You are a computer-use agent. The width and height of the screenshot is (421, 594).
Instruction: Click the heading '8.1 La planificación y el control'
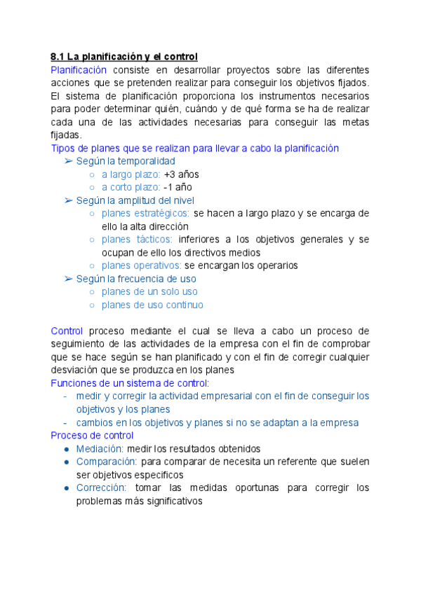pos(124,56)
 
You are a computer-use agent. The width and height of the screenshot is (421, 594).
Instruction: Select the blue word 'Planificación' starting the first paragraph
pos(79,69)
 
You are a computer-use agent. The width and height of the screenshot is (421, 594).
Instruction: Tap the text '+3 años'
pos(180,174)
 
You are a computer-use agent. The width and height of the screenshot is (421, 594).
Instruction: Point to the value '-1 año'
pos(178,187)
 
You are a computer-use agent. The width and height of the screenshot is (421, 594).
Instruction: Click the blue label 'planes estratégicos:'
pos(145,213)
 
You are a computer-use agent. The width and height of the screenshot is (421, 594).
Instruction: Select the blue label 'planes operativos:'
pos(141,265)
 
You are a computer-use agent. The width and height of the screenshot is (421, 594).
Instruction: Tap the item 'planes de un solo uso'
pos(149,291)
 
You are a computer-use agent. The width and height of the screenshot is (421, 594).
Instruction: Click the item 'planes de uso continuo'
pos(152,305)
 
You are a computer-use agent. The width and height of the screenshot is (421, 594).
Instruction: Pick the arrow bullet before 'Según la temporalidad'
pos(68,161)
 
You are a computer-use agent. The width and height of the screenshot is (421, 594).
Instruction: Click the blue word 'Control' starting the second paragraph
pos(67,331)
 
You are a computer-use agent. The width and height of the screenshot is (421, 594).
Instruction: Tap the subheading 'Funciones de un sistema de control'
pos(129,383)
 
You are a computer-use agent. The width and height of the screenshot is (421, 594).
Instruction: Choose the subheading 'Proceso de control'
pos(93,436)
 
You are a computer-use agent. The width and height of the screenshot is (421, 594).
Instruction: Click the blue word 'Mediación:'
pos(100,449)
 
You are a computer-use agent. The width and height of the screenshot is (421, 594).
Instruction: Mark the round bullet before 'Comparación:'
pos(66,462)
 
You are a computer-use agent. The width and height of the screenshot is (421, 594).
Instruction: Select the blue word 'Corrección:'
pos(101,488)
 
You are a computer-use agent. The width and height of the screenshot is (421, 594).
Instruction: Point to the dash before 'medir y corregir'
pos(65,396)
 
